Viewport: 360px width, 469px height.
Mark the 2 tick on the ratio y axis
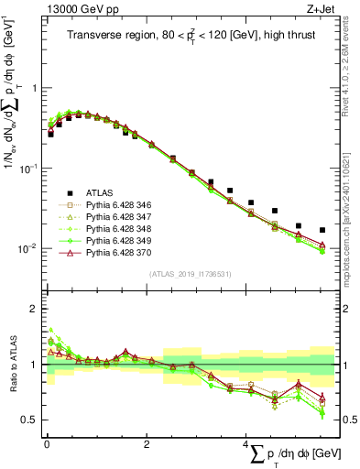click(x=35, y=309)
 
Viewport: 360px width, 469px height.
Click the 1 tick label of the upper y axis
click(x=35, y=89)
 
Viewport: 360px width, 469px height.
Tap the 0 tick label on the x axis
click(x=46, y=445)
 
